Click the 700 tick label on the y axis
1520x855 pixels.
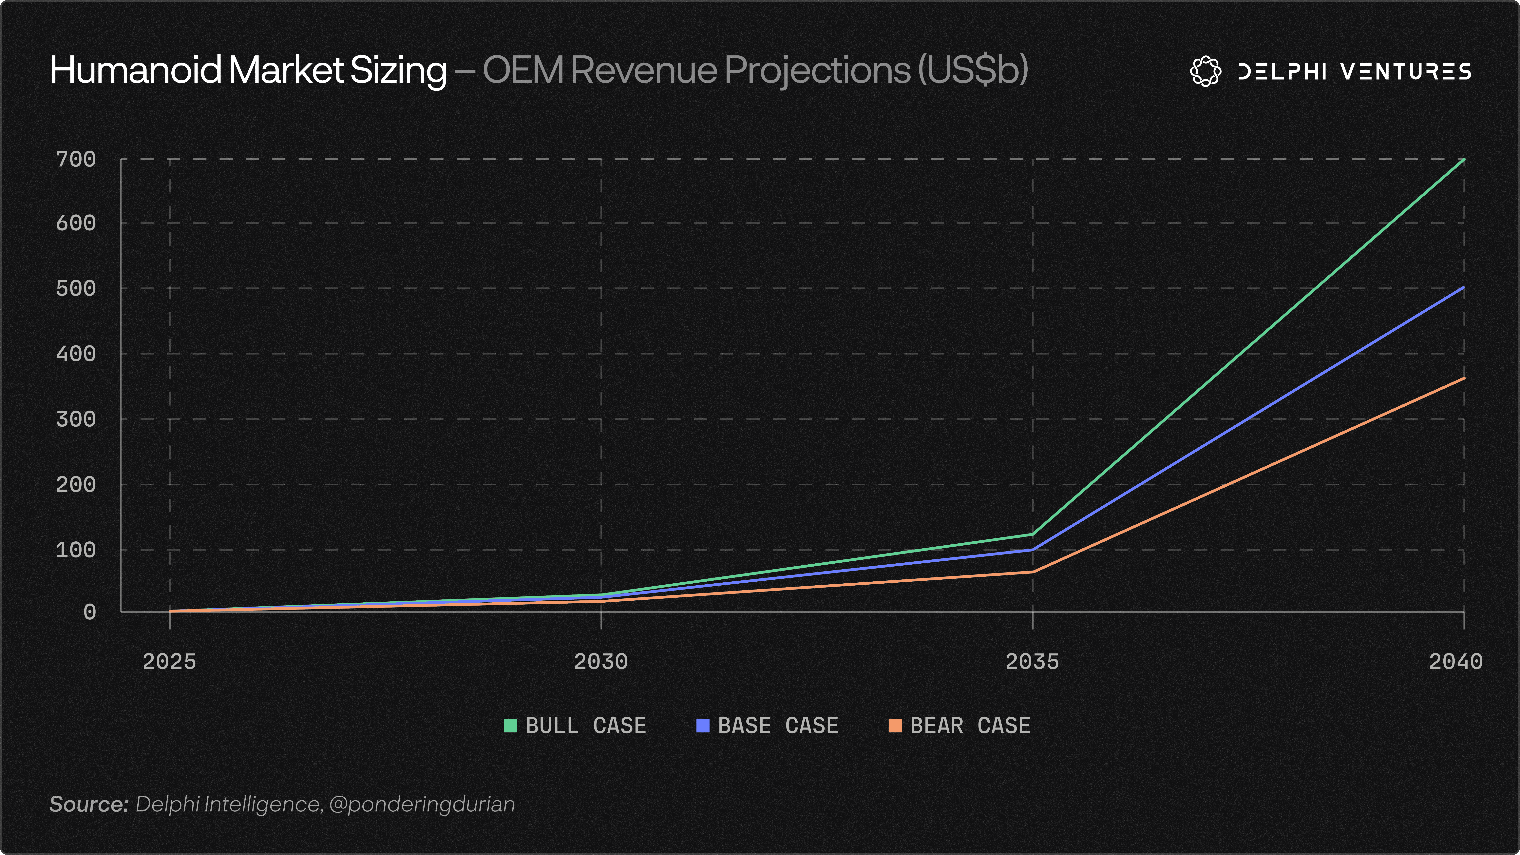coord(76,159)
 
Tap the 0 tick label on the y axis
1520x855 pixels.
coord(90,612)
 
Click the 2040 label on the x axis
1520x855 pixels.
coord(1456,661)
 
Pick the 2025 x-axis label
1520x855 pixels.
coord(169,661)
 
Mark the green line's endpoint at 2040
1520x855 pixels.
coord(1464,159)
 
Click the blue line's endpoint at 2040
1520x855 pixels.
coord(1464,287)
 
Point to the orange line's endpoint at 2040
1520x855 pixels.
coord(1464,378)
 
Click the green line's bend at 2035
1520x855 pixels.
coord(1033,534)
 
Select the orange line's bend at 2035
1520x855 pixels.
coord(1033,572)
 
